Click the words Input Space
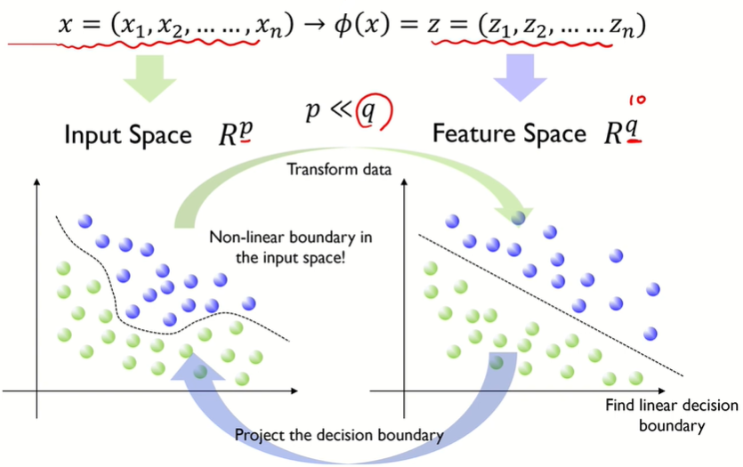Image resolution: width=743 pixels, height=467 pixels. click(x=126, y=135)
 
